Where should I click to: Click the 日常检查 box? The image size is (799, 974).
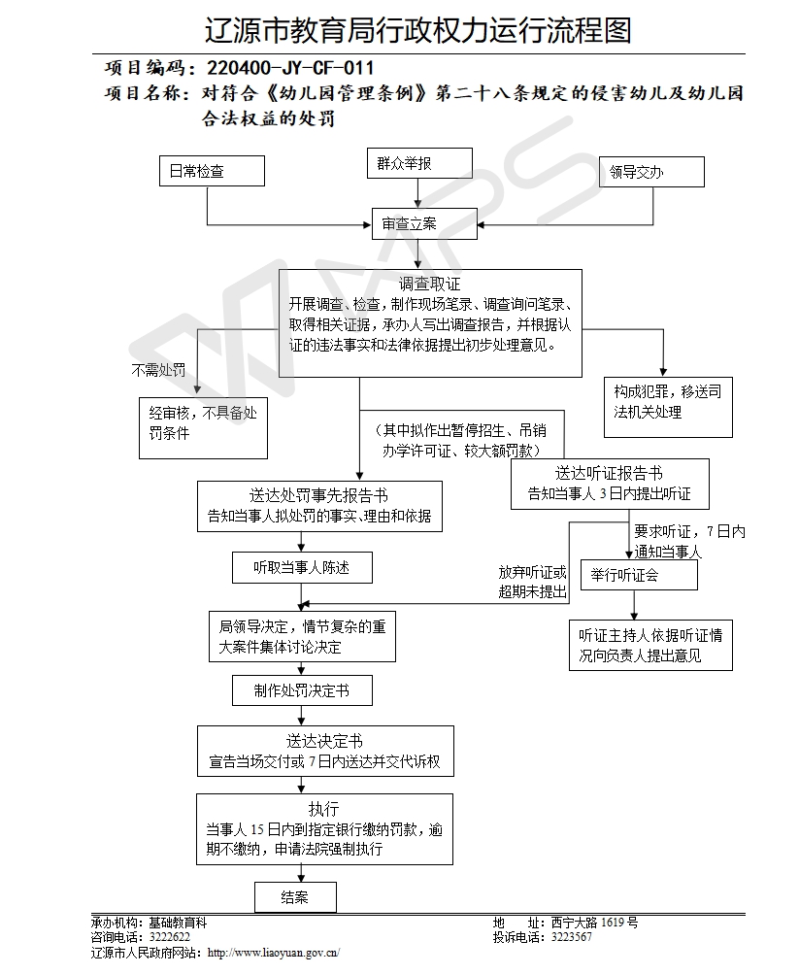[x=212, y=171]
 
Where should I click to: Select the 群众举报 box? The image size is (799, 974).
[x=419, y=163]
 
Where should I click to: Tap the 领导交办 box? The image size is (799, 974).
[x=651, y=172]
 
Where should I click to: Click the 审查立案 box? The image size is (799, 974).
[x=424, y=223]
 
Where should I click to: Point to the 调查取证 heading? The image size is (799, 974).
[x=430, y=285]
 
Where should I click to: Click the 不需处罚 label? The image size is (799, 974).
[x=158, y=370]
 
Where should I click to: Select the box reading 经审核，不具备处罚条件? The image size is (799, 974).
[x=203, y=427]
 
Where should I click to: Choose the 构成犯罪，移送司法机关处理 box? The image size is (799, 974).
[x=668, y=408]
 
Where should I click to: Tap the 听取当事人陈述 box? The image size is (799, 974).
[x=302, y=567]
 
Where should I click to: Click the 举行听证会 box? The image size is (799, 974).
[x=639, y=575]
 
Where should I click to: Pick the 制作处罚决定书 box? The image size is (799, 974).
[x=302, y=690]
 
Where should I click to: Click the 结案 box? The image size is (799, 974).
[x=295, y=897]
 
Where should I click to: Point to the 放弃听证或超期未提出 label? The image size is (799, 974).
[x=533, y=582]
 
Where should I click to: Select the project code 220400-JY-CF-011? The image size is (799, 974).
[x=290, y=68]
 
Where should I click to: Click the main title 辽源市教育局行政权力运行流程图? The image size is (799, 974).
[x=417, y=30]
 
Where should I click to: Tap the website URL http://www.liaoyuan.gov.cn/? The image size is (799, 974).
[x=274, y=953]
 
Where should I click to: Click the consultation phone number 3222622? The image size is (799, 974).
[x=170, y=937]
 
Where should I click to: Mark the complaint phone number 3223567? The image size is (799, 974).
[x=572, y=937]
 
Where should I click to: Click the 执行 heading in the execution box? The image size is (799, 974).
[x=324, y=809]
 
